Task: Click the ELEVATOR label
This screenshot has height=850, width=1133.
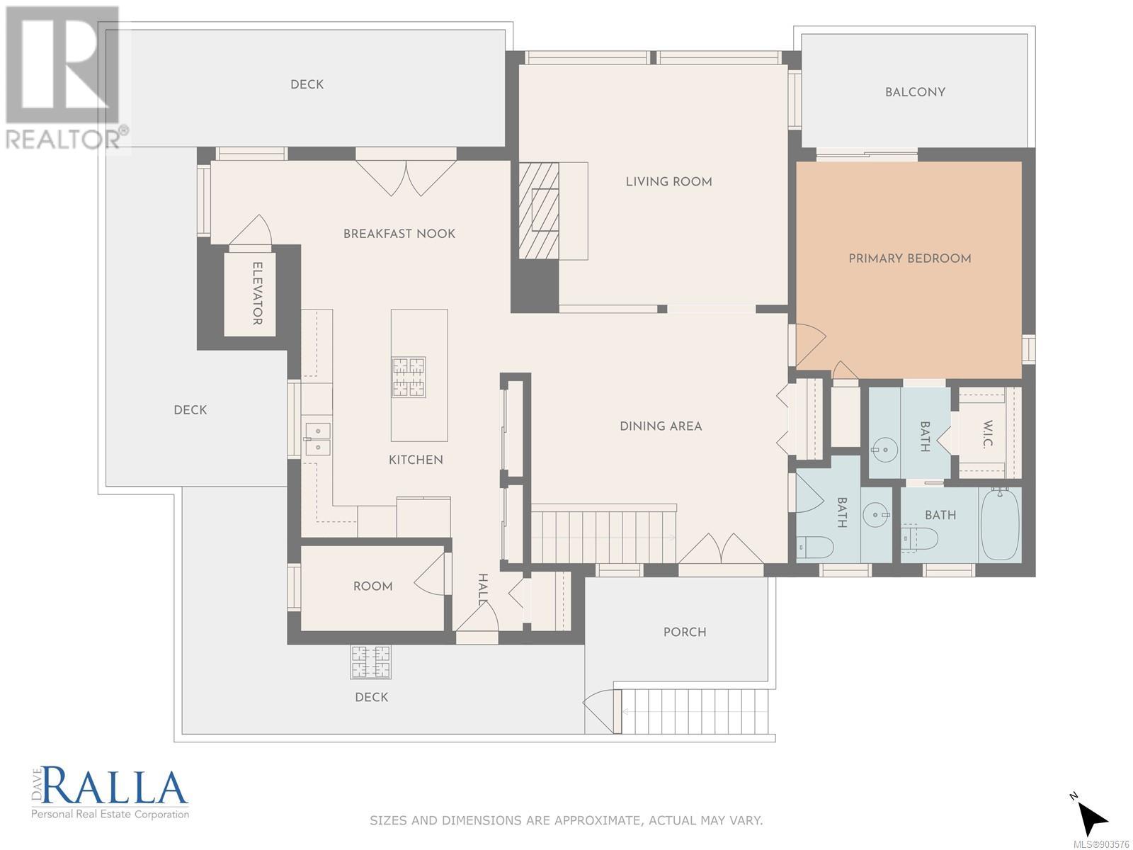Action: (x=257, y=294)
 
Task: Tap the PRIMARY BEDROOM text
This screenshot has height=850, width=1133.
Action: (x=910, y=259)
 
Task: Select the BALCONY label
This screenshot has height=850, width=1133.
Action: (x=915, y=92)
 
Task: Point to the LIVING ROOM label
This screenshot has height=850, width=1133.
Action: (x=669, y=181)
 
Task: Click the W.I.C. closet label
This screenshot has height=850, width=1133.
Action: (x=987, y=434)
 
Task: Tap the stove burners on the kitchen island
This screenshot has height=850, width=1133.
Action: (x=409, y=378)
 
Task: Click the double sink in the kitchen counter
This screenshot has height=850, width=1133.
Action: (x=318, y=438)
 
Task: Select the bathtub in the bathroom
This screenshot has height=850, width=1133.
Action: (x=1000, y=524)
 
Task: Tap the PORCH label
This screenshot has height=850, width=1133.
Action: (x=685, y=633)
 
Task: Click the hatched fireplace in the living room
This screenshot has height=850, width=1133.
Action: (x=538, y=210)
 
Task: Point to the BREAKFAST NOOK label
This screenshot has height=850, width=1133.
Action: (x=399, y=234)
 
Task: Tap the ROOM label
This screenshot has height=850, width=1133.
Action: (x=372, y=586)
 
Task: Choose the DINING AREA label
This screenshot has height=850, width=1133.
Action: (x=661, y=426)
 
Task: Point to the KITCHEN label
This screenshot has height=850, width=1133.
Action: (x=416, y=460)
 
